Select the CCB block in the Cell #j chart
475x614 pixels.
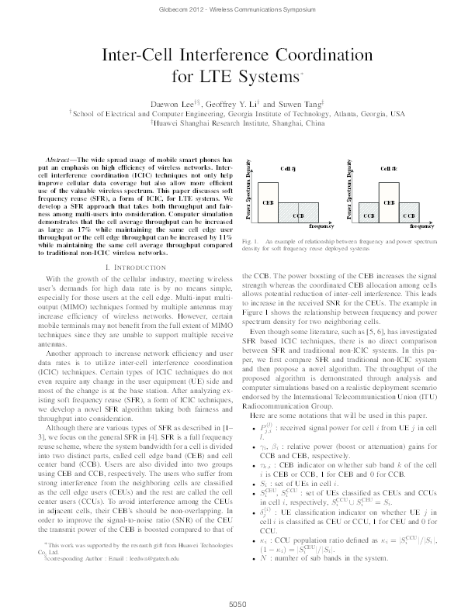click(x=298, y=213)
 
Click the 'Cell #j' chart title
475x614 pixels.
click(x=288, y=167)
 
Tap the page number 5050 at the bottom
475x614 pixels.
click(x=237, y=602)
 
